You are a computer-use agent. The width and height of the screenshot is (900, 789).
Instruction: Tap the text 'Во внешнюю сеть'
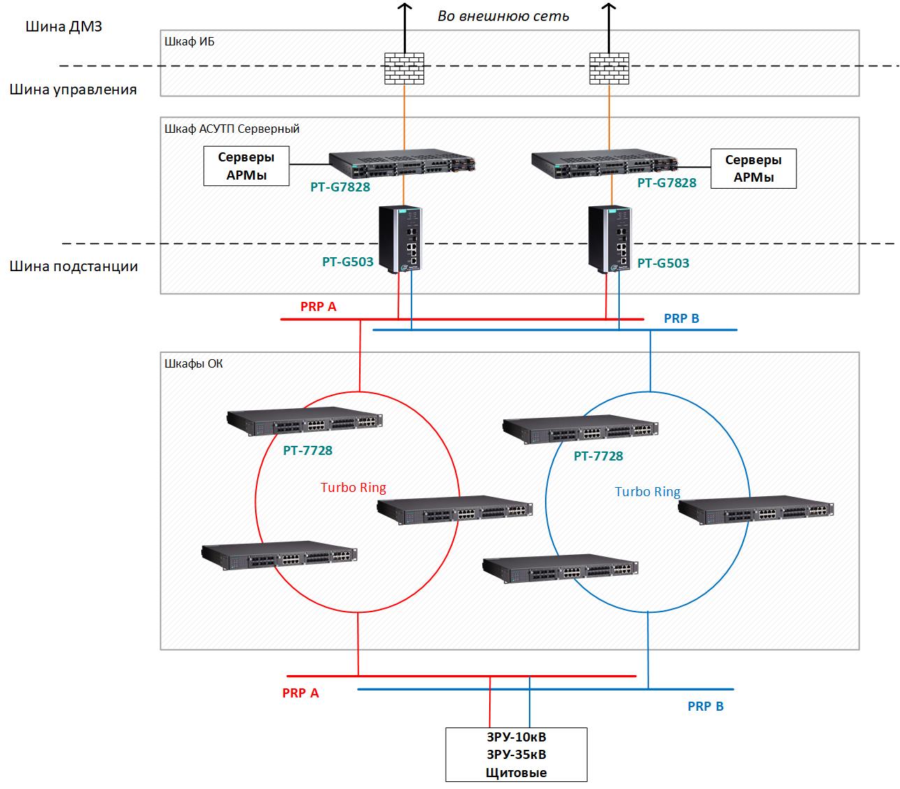point(503,15)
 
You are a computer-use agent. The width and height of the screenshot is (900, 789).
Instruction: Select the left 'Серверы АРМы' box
point(246,166)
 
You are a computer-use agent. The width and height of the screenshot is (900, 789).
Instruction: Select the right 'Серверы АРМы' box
point(753,168)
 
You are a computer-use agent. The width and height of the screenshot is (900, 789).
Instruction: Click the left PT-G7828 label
point(340,187)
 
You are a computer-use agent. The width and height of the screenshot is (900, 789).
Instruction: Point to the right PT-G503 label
point(663,263)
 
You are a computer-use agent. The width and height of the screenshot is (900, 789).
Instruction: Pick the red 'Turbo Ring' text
point(353,488)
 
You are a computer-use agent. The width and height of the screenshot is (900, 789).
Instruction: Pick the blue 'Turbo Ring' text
point(647,492)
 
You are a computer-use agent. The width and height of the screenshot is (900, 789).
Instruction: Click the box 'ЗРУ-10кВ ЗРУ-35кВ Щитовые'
point(516,755)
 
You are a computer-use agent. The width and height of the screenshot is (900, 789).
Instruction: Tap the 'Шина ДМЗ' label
point(64,27)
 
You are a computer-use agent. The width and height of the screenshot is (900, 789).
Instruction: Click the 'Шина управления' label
point(73,89)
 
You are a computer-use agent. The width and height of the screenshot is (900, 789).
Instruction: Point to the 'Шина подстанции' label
point(74,266)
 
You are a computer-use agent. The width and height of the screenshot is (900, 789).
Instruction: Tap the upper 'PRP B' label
point(681,319)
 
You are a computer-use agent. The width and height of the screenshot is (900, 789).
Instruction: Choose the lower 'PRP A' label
point(300,693)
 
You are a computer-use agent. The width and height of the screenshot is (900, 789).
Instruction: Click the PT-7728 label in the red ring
point(307,451)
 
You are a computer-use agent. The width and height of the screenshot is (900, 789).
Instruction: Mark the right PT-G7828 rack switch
point(606,163)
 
